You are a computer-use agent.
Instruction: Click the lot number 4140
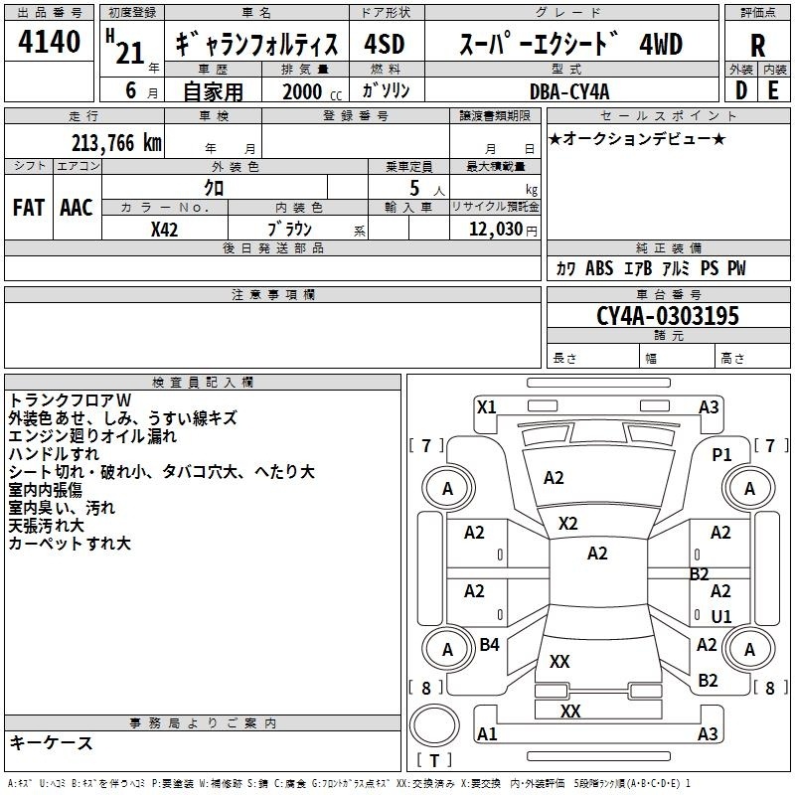click(50, 44)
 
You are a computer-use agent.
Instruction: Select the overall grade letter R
click(757, 46)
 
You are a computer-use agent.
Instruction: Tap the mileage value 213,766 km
click(115, 143)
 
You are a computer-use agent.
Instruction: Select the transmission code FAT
click(28, 207)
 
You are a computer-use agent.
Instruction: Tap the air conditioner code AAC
click(77, 207)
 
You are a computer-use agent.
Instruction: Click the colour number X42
click(165, 229)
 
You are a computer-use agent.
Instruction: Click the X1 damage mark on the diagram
click(486, 406)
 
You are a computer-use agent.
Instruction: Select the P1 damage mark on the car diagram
click(721, 454)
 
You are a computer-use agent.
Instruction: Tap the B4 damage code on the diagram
click(489, 645)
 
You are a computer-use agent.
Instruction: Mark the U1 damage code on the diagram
click(721, 616)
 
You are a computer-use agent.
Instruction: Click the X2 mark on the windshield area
click(568, 523)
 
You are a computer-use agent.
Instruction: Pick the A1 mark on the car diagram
click(487, 733)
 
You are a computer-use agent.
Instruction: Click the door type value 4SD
click(384, 45)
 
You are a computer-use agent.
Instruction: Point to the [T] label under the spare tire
click(434, 761)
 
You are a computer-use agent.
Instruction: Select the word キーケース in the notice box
click(52, 742)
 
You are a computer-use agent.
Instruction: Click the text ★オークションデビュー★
click(637, 138)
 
